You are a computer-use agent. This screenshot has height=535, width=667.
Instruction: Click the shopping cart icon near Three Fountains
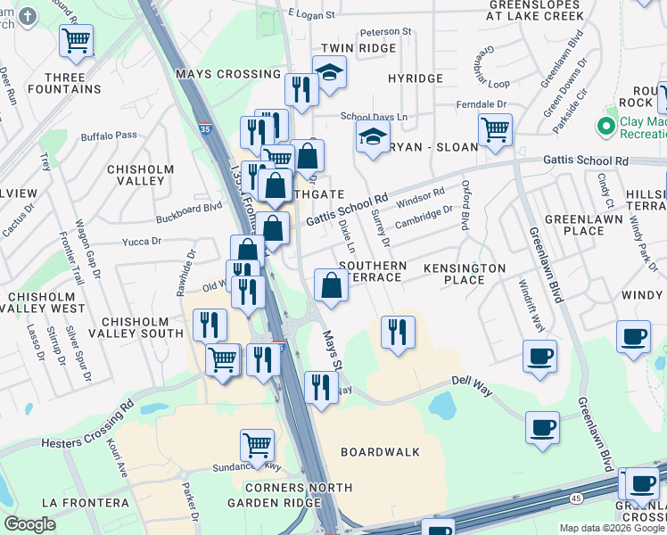77,39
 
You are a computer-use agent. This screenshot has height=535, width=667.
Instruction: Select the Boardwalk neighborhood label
380,452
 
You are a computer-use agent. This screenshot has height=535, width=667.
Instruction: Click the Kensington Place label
464,274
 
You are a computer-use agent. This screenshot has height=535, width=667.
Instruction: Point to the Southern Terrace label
373,272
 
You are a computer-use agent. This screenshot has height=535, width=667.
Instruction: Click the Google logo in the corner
29,524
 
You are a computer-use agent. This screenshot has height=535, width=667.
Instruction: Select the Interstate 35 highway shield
205,128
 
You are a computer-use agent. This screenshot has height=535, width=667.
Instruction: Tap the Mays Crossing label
217,74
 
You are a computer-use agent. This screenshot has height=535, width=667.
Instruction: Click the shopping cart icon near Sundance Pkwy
257,443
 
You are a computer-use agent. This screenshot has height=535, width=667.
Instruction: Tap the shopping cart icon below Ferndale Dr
494,128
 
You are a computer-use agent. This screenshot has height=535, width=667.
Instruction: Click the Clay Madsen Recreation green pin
607,127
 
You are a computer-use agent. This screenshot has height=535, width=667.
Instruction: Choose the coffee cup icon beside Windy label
633,336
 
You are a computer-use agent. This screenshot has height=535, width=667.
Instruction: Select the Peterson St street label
387,31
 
